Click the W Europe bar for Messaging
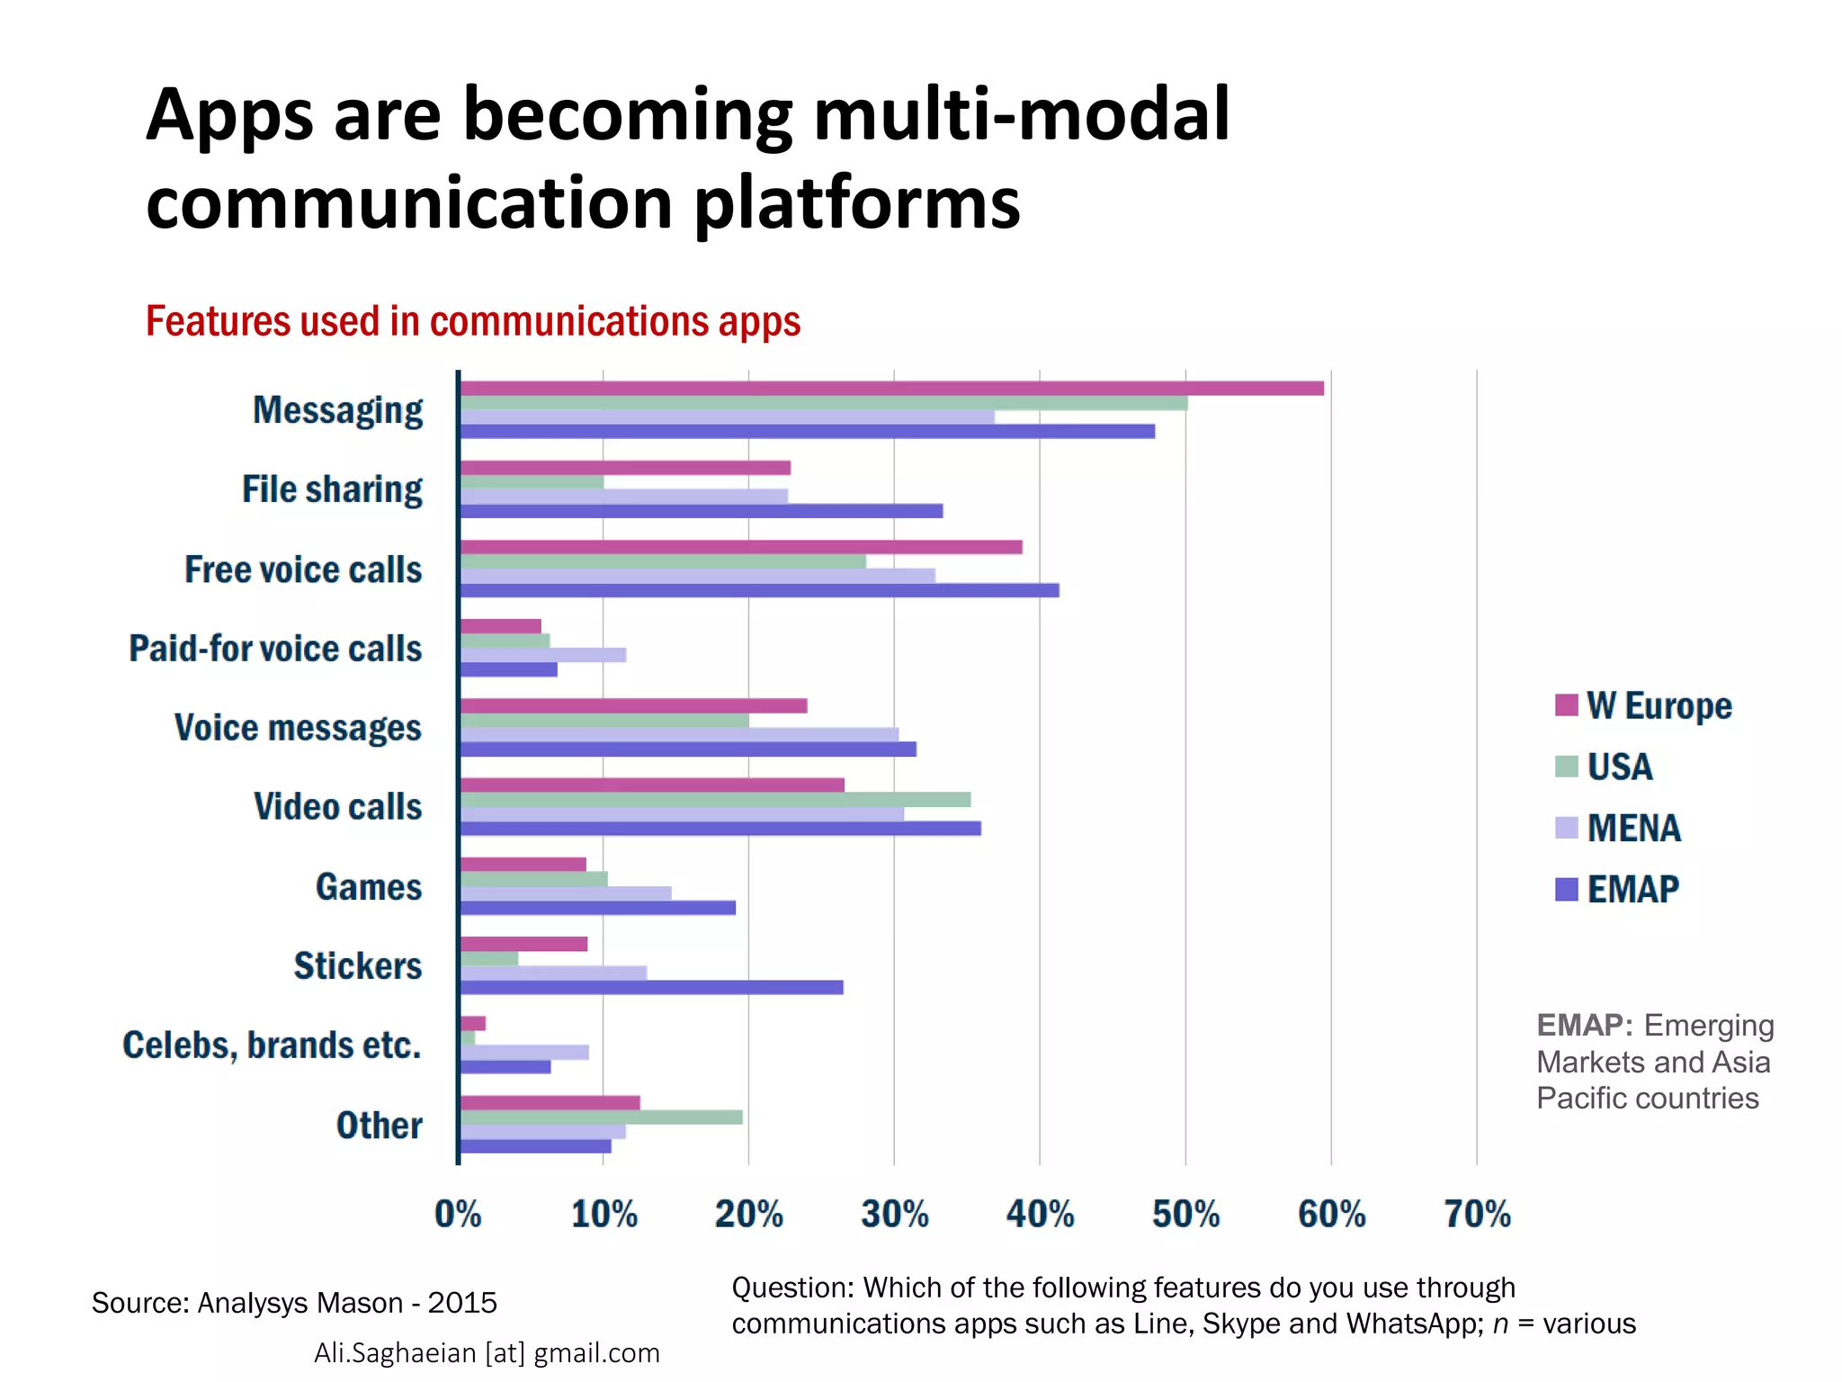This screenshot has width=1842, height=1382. pyautogui.click(x=890, y=388)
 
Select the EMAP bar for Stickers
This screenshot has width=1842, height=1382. pyautogui.click(x=651, y=987)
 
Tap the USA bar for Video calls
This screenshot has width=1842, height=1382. pyautogui.click(x=715, y=799)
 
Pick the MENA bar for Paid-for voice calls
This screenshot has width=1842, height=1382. pyautogui.click(x=542, y=655)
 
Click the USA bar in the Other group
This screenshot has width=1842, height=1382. pyautogui.click(x=601, y=1117)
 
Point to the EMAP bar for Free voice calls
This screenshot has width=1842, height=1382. pyautogui.click(x=759, y=590)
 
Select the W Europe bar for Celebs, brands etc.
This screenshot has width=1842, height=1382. pyautogui.click(x=472, y=1023)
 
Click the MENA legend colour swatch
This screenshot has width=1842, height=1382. pyautogui.click(x=1566, y=828)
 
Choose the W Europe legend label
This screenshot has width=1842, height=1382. pyautogui.click(x=1659, y=705)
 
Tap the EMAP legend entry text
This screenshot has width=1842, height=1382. pyautogui.click(x=1632, y=889)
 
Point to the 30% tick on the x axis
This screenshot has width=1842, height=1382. pyautogui.click(x=894, y=1214)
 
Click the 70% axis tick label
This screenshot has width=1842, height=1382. pyautogui.click(x=1477, y=1214)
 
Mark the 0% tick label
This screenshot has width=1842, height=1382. pyautogui.click(x=458, y=1214)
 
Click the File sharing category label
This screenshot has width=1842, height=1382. pyautogui.click(x=332, y=489)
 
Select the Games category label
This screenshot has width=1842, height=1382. pyautogui.click(x=368, y=886)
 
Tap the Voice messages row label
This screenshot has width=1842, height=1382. pyautogui.click(x=298, y=727)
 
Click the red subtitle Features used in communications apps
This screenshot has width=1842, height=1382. pyautogui.click(x=473, y=321)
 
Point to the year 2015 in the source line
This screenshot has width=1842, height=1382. pyautogui.click(x=462, y=1302)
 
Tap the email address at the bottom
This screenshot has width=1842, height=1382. pyautogui.click(x=487, y=1352)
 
